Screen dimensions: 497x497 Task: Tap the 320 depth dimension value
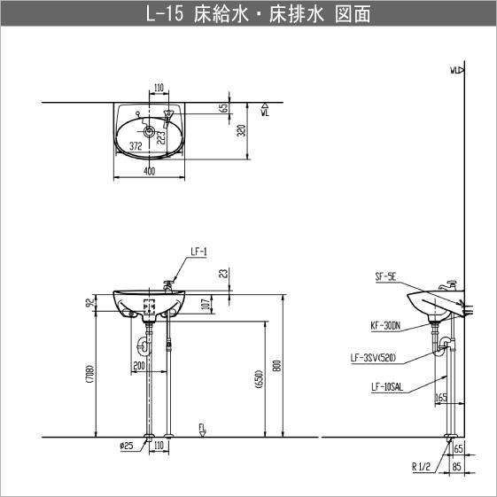tap(242, 131)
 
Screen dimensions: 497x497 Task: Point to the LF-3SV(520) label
tap(377, 358)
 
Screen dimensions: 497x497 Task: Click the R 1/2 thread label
tap(421, 466)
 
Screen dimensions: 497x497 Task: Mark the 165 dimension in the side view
tap(441, 397)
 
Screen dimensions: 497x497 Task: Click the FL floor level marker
tap(203, 430)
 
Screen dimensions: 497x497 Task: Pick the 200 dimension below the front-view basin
tap(138, 365)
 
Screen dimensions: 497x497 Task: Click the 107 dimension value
tap(206, 305)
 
